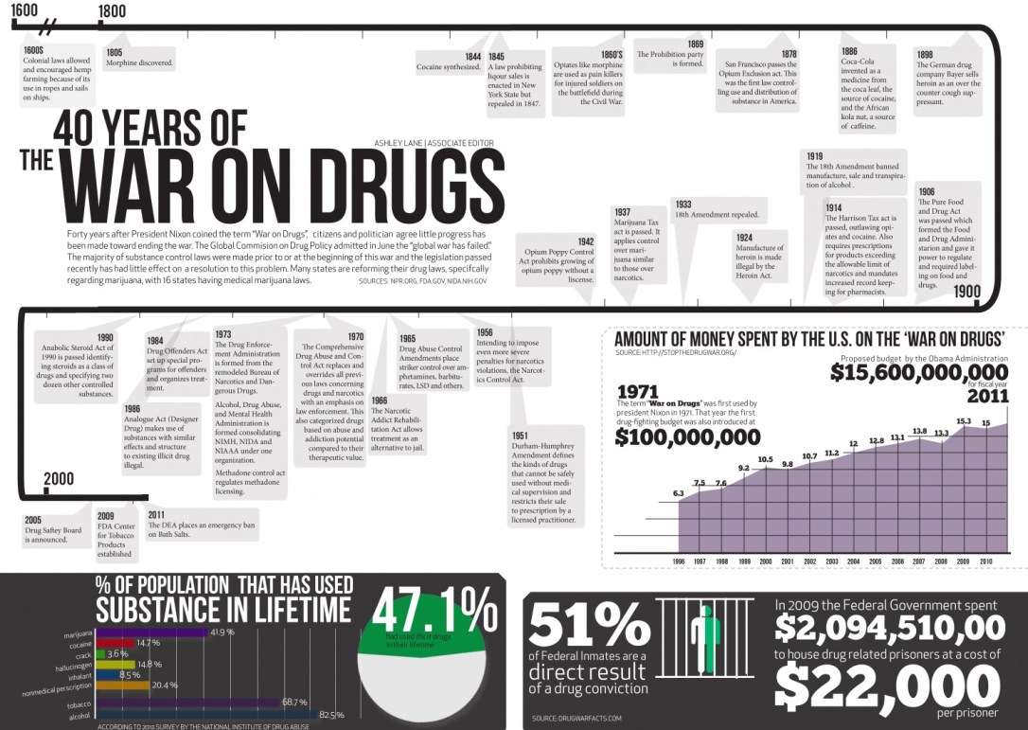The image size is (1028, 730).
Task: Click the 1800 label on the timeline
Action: pyautogui.click(x=112, y=11)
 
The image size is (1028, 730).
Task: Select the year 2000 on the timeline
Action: pyautogui.click(x=58, y=479)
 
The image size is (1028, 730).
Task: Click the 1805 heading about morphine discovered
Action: pyautogui.click(x=114, y=52)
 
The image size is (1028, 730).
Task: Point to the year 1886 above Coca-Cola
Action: pyautogui.click(x=849, y=51)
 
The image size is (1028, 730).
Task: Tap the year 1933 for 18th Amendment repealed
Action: pyautogui.click(x=682, y=205)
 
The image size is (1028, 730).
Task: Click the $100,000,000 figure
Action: pyautogui.click(x=687, y=436)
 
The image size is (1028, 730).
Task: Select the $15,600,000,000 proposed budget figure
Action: pyautogui.click(x=919, y=373)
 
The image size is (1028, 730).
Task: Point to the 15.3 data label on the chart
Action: pyautogui.click(x=964, y=421)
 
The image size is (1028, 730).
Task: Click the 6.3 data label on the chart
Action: pyautogui.click(x=679, y=494)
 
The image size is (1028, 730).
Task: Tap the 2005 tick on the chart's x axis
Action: pyautogui.click(x=876, y=561)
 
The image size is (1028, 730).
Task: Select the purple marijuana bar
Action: pyautogui.click(x=151, y=632)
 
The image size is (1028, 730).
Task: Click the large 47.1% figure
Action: pyautogui.click(x=434, y=610)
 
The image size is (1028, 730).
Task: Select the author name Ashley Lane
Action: pyautogui.click(x=399, y=143)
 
